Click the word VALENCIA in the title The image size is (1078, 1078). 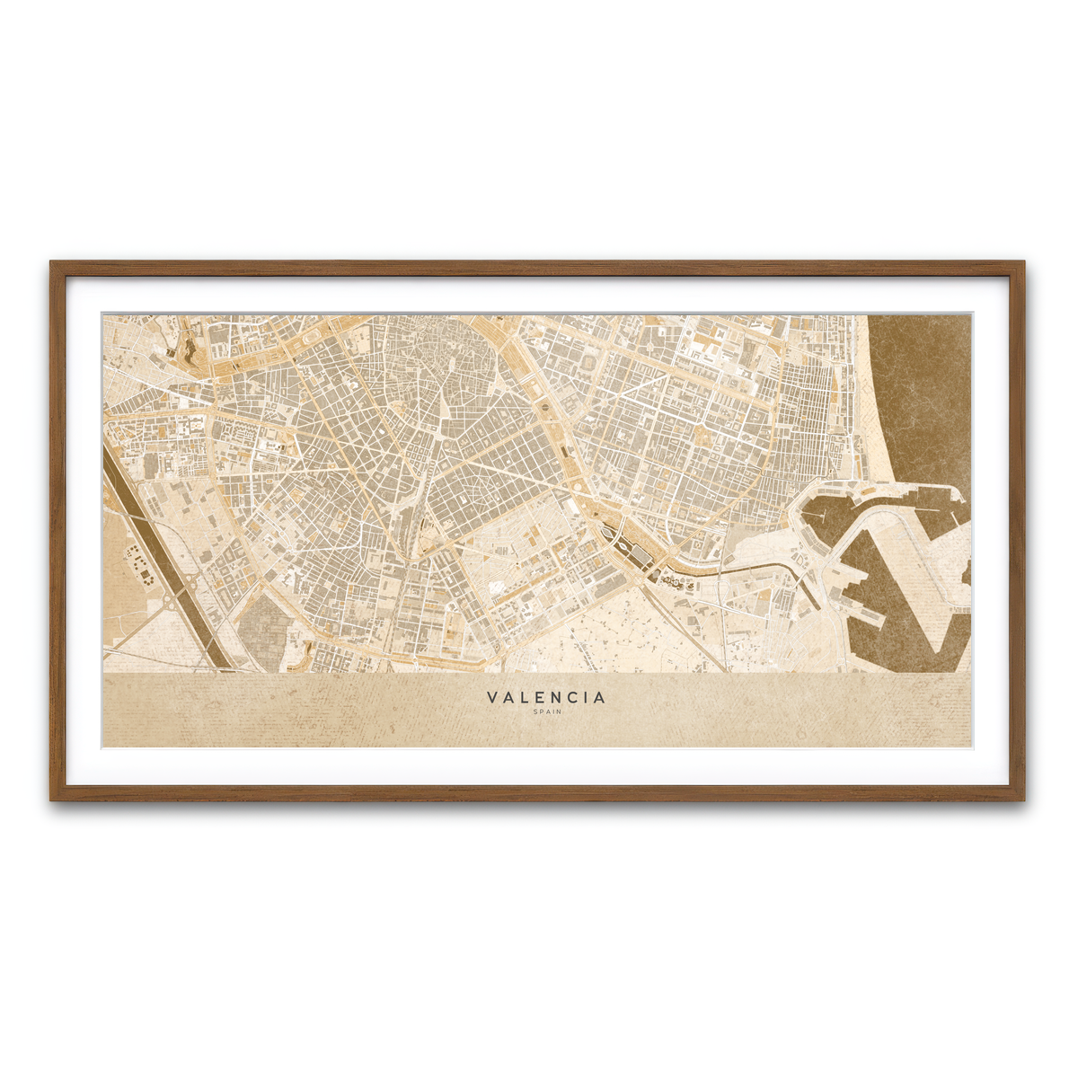pos(546,697)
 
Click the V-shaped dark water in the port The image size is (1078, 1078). pos(898,611)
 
